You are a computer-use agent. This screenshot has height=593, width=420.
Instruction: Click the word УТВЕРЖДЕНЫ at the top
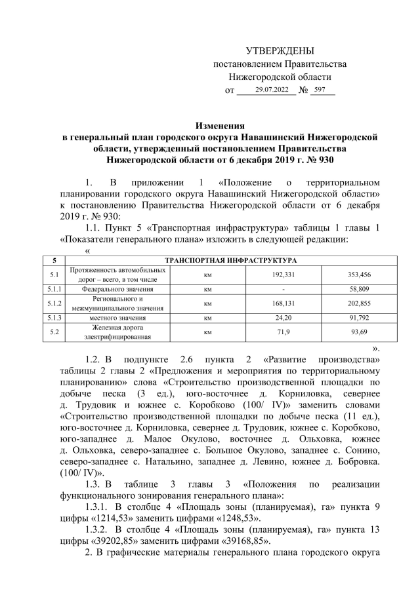click(x=280, y=50)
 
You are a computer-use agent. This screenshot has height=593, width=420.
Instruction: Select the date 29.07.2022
click(x=272, y=89)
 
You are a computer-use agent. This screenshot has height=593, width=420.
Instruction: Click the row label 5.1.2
click(x=56, y=303)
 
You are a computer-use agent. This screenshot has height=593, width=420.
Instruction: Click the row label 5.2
click(x=56, y=333)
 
